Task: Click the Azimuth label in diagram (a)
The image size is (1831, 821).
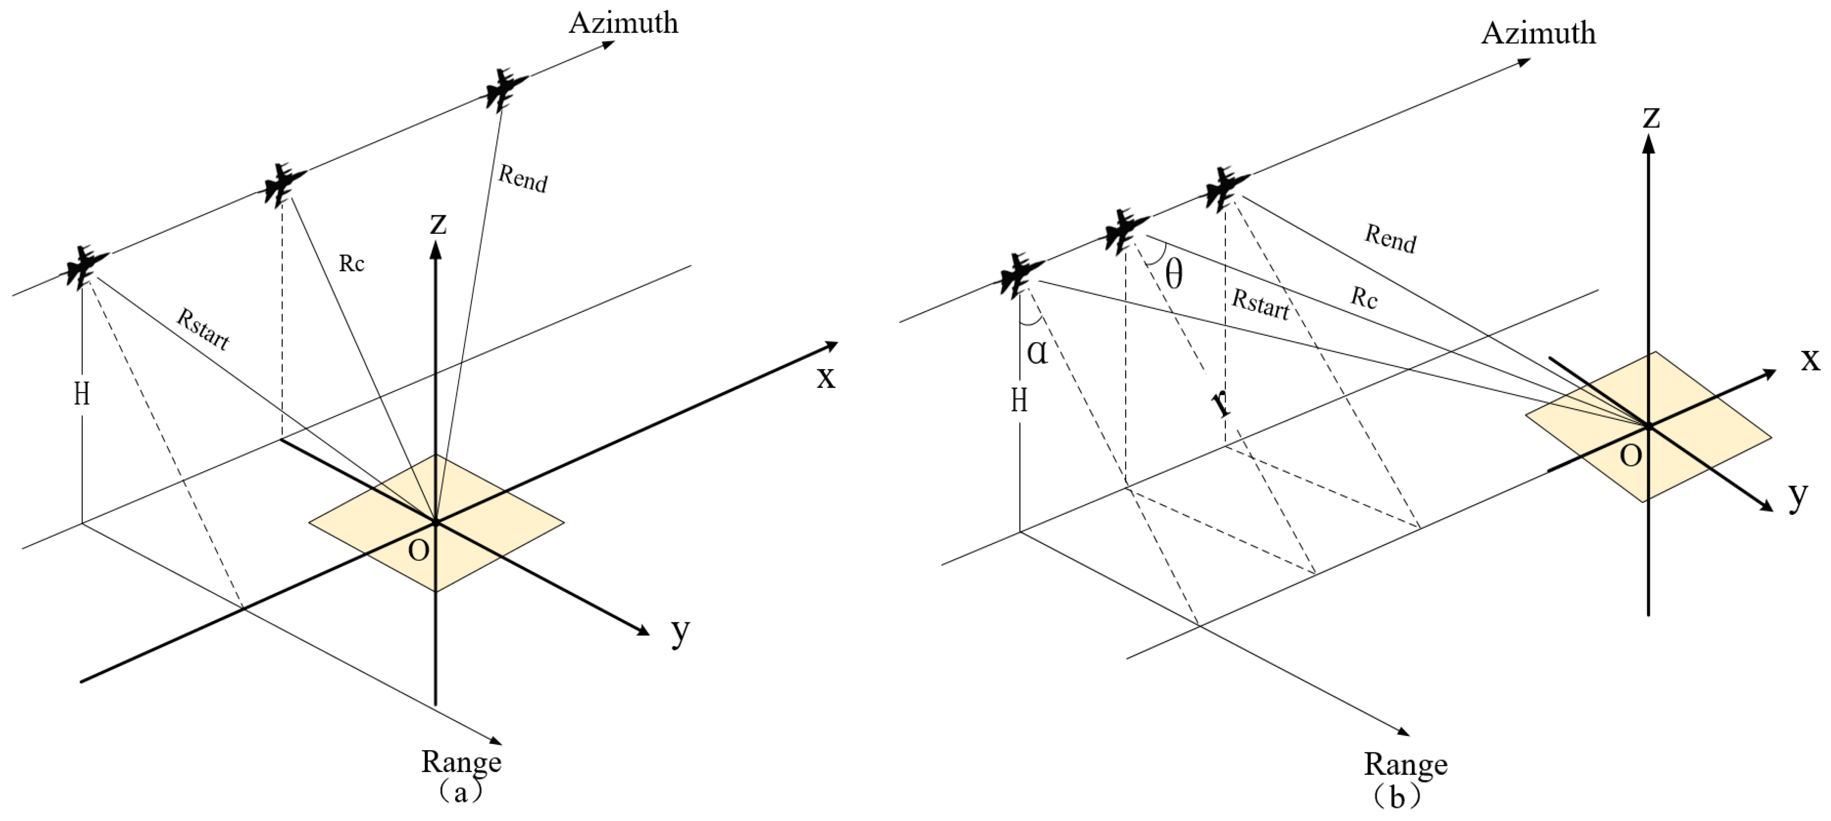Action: point(624,23)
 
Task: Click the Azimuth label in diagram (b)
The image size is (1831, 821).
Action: point(1538,33)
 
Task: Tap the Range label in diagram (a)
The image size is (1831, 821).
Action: point(461,762)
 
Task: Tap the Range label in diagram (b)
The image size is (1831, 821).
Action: point(1405,764)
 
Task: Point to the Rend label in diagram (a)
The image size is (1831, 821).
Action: point(523,178)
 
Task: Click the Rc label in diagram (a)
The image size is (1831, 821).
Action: point(351,263)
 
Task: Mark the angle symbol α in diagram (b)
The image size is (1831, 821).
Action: point(1037,351)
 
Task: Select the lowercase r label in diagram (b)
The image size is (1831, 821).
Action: point(1220,403)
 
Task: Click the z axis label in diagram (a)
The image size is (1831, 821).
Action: point(438,224)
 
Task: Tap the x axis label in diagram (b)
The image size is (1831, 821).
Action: point(1810,360)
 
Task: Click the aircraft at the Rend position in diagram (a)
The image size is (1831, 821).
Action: point(505,89)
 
